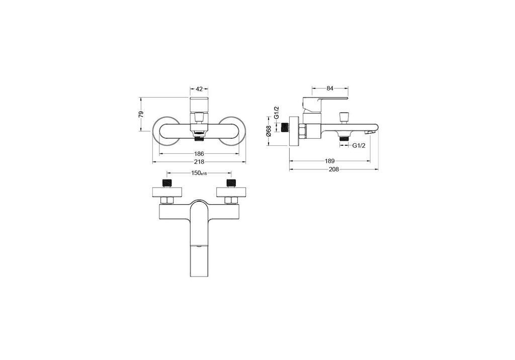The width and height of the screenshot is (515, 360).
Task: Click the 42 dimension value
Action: pos(199,88)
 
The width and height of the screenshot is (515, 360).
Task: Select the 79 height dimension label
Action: pos(141,114)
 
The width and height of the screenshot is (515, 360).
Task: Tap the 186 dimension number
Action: pos(199,154)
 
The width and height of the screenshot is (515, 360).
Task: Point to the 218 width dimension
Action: pos(199,161)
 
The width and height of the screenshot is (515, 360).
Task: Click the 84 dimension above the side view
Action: pos(330,88)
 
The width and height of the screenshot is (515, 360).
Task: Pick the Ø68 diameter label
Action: pos(269,131)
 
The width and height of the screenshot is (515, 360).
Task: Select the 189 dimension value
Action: pos(329,161)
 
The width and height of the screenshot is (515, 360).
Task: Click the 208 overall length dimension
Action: pos(334,169)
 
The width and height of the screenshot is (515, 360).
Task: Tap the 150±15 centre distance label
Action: pos(199,173)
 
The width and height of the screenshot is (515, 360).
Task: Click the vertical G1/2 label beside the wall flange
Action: pos(277,113)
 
